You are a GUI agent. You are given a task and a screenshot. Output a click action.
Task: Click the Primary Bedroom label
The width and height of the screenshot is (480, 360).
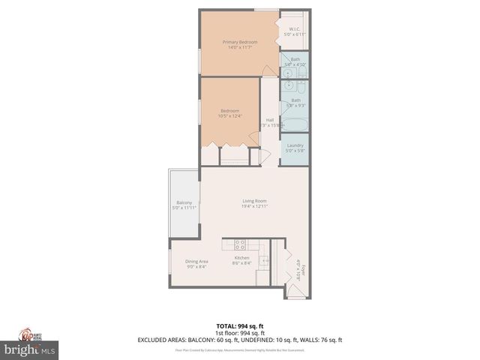(x=240, y=42)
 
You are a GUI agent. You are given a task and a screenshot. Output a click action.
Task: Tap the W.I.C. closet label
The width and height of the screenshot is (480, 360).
(x=295, y=30)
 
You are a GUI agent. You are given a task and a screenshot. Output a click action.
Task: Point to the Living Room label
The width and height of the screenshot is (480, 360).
(x=254, y=201)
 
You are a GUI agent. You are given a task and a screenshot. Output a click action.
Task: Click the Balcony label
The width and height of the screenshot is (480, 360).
(x=184, y=203)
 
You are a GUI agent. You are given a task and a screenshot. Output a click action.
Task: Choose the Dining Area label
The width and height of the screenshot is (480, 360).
(x=196, y=261)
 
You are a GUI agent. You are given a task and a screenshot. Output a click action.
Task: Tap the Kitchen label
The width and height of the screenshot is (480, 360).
(x=241, y=258)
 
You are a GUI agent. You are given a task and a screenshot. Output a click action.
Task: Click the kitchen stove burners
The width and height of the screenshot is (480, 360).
(x=241, y=243)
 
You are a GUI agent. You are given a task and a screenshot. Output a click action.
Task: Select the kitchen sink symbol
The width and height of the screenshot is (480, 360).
(x=264, y=261)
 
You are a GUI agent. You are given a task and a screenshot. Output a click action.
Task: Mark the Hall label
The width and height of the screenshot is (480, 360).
(x=269, y=120)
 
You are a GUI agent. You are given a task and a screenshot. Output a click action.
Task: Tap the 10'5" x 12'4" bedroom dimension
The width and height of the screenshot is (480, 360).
(x=229, y=116)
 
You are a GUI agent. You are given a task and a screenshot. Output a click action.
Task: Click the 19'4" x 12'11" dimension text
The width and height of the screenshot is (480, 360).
(x=255, y=206)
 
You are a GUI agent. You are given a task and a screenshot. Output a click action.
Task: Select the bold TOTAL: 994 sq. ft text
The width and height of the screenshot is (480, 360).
(x=240, y=325)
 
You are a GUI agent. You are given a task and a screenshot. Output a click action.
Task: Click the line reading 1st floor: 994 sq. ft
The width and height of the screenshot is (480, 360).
(x=240, y=332)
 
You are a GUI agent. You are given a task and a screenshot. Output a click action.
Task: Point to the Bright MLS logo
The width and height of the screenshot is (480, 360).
(x=30, y=350)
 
